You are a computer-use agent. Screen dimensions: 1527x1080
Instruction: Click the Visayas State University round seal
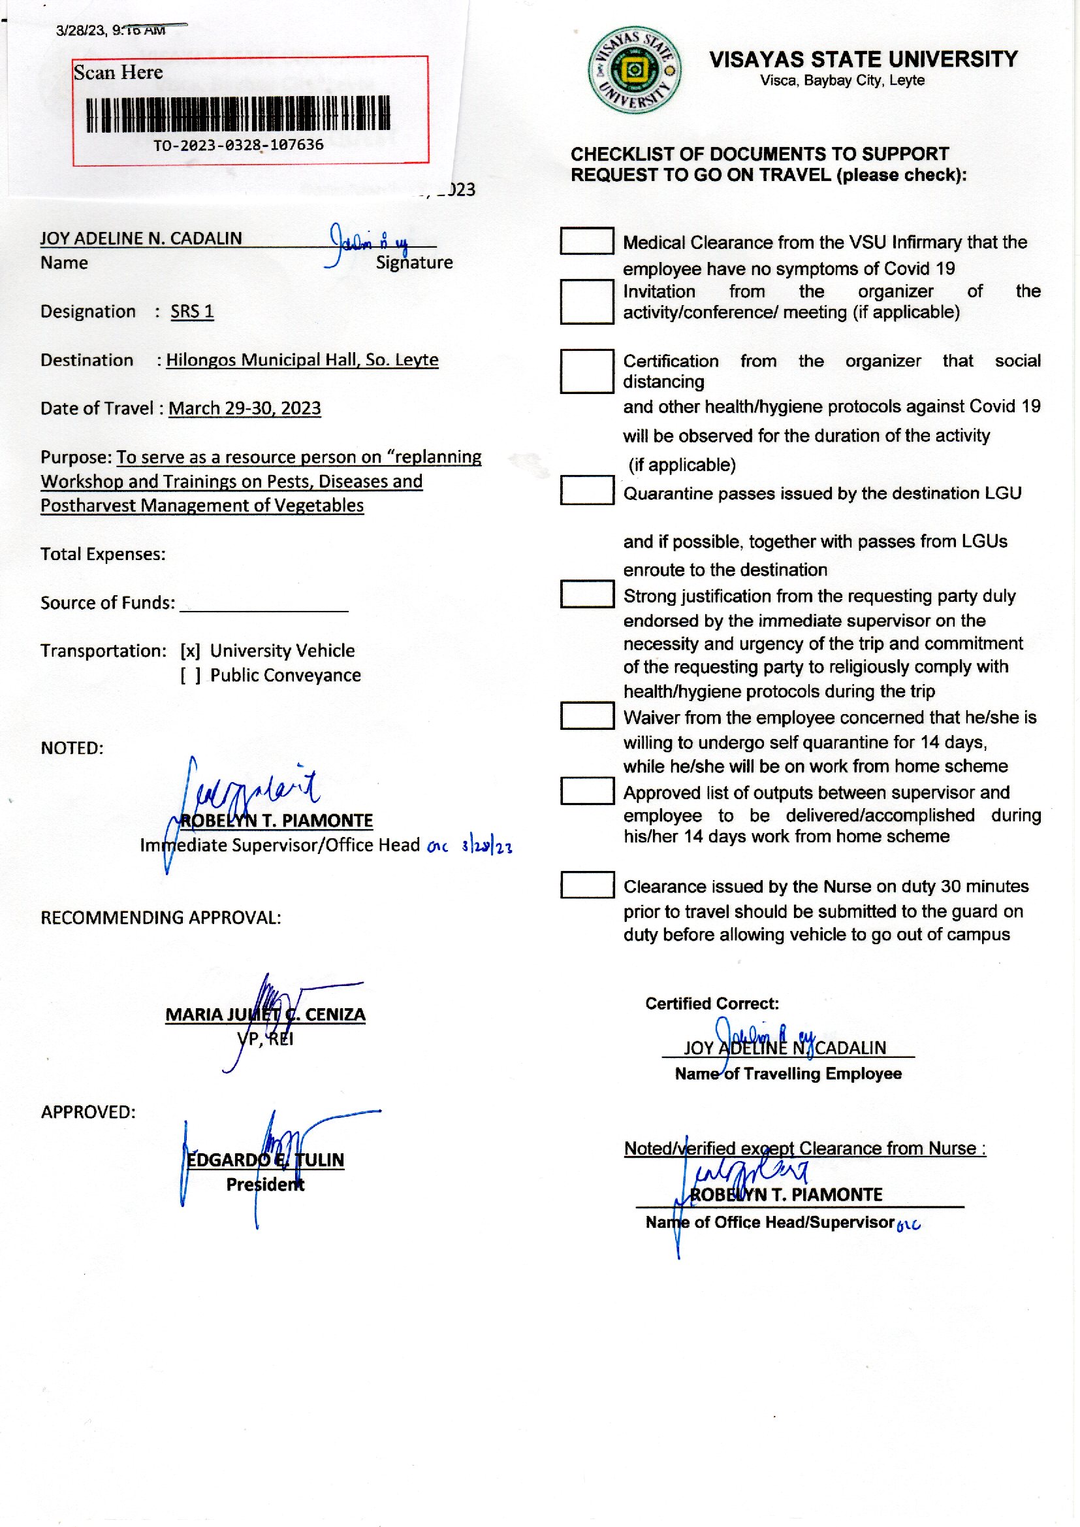coord(635,71)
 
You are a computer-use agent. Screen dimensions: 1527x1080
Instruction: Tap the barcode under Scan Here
coord(239,114)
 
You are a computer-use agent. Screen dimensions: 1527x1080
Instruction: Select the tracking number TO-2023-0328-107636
coord(239,145)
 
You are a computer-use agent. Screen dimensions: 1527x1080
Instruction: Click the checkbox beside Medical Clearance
coord(586,241)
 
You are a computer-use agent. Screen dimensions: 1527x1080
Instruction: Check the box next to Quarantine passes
coord(586,490)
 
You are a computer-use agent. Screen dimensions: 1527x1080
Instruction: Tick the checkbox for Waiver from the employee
coord(586,716)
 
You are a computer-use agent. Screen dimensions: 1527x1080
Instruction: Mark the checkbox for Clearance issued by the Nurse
coord(586,885)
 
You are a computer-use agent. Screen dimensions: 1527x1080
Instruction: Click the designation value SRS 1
coord(192,312)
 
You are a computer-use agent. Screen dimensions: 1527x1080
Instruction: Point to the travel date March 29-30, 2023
coord(245,408)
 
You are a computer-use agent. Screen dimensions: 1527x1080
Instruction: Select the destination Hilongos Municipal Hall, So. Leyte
coord(302,360)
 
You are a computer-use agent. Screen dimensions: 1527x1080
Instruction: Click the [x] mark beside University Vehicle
coord(190,651)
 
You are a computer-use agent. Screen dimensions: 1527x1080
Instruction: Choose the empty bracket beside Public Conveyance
coord(190,676)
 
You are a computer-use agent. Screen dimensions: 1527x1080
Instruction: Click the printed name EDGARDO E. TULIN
coord(265,1160)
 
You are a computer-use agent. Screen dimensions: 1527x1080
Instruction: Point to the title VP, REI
coord(265,1039)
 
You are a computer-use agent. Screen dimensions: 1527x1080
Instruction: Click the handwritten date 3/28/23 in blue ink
coord(487,847)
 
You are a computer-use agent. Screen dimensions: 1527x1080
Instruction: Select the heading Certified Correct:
coord(712,1004)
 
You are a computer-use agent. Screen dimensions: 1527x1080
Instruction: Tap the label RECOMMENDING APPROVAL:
coord(161,917)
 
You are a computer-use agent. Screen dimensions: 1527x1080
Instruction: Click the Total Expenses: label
coord(103,554)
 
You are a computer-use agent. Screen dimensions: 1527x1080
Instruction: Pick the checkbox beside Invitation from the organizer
coord(586,302)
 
